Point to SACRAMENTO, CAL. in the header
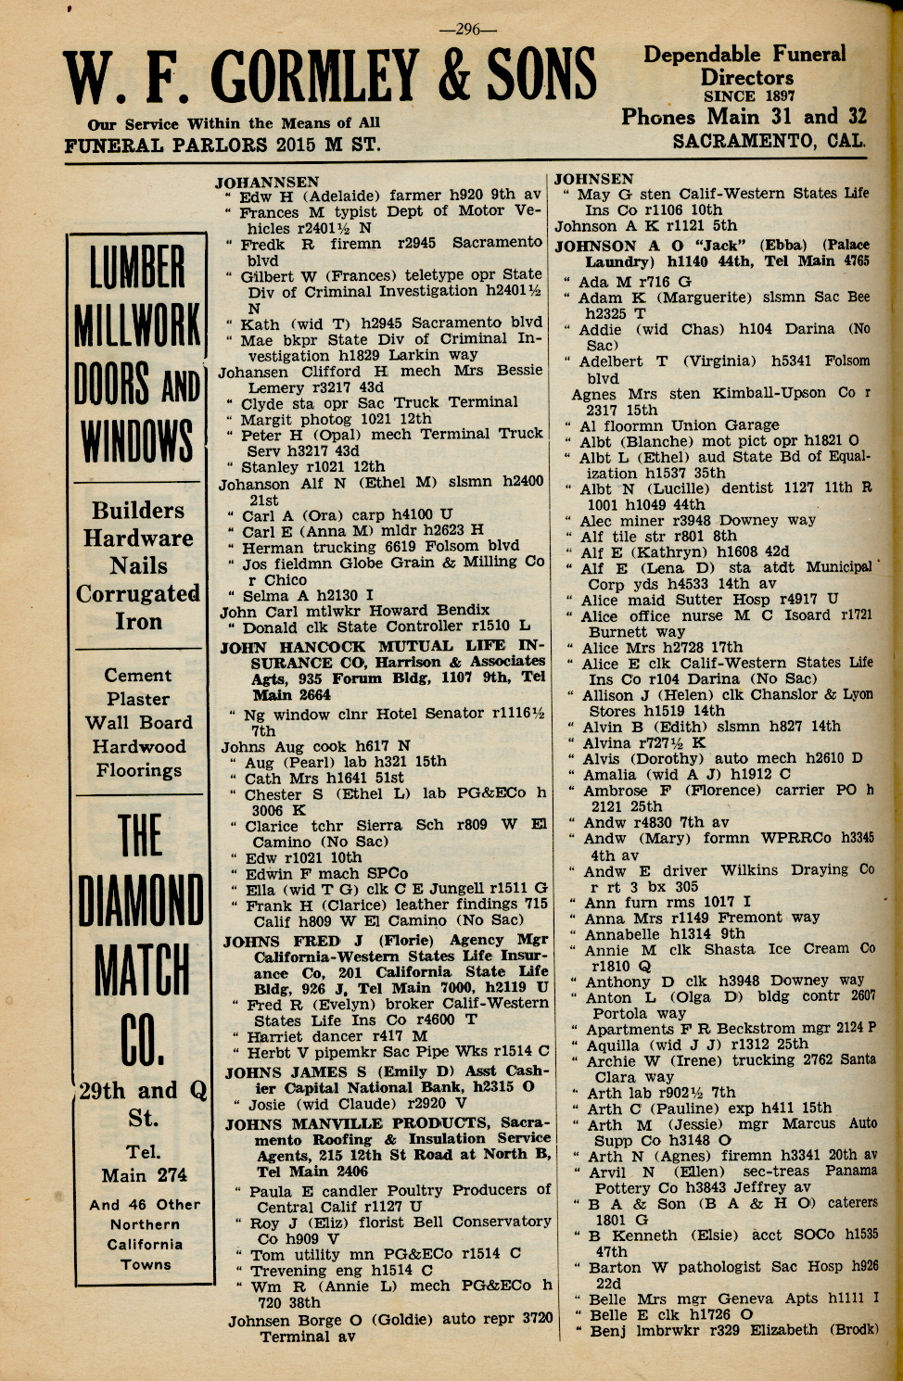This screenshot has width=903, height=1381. [x=769, y=141]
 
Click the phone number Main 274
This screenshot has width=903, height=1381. [x=145, y=1175]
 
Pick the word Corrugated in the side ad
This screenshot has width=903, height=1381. [x=138, y=593]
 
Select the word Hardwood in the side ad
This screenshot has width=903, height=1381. [x=139, y=746]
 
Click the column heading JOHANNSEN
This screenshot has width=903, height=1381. [x=267, y=183]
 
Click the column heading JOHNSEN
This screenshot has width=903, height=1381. [x=594, y=179]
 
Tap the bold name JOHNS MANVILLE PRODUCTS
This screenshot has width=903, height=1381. [x=375, y=1124]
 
